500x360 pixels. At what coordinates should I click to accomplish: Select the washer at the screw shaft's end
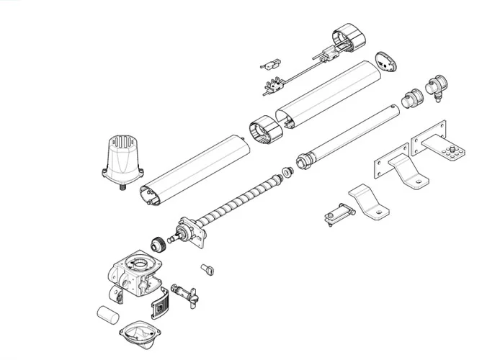click(x=287, y=172)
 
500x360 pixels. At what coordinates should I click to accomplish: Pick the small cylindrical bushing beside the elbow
click(x=411, y=98)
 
